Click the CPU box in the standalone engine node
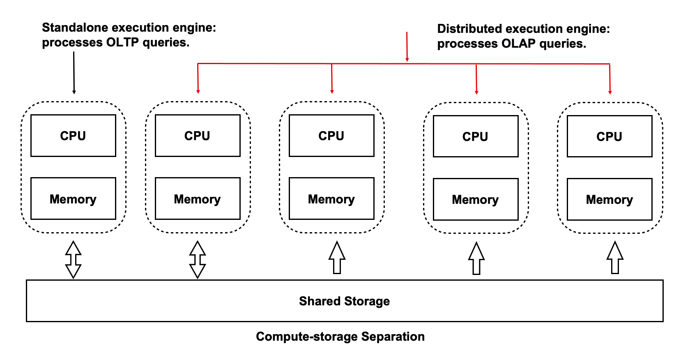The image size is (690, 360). [x=73, y=136]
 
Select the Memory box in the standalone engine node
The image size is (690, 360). [x=73, y=198]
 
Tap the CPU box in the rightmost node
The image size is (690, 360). [x=609, y=136]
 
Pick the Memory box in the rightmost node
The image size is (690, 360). [x=609, y=199]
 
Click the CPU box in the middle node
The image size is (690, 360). [x=331, y=136]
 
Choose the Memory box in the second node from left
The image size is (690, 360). [x=198, y=198]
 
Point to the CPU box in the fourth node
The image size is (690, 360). [x=476, y=136]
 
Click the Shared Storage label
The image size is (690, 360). [x=344, y=301]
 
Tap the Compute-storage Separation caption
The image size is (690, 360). [x=340, y=337]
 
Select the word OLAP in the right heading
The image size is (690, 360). [x=519, y=44]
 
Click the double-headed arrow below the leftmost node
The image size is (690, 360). [x=74, y=259]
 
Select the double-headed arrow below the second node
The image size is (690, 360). [x=198, y=259]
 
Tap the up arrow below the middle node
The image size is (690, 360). [x=337, y=258]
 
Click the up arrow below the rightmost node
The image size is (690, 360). [x=615, y=258]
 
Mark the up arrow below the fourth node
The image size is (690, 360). [x=476, y=258]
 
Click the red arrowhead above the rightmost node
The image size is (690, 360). [x=610, y=92]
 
